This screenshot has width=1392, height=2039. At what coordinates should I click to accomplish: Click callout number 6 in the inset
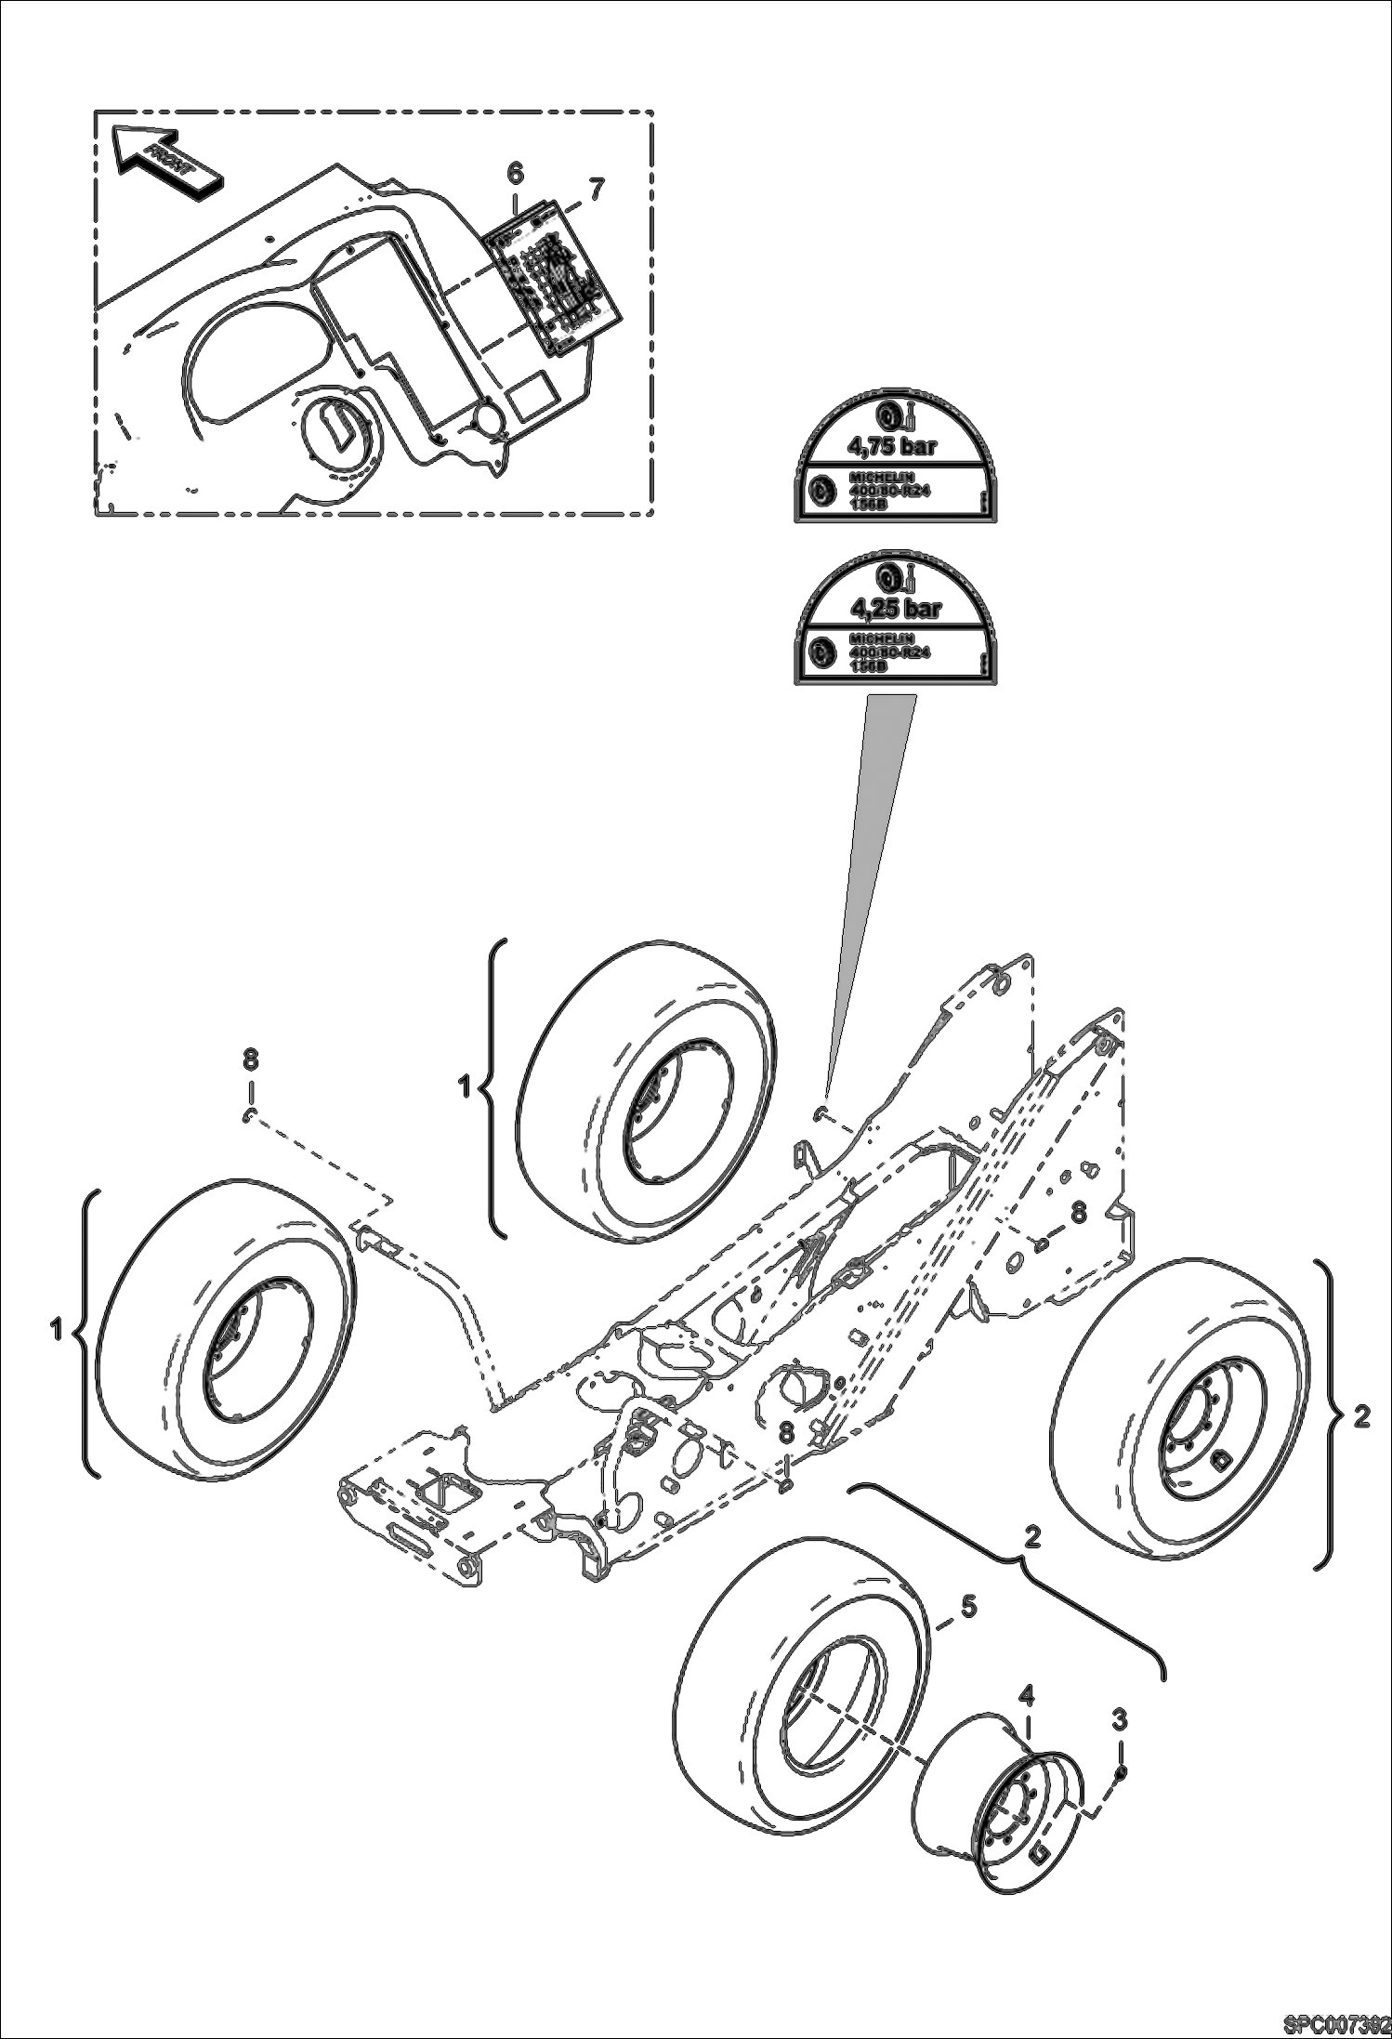[515, 173]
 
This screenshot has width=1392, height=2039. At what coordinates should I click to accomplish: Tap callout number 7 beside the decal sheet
[596, 190]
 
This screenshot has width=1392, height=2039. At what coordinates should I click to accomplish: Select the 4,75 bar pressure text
[893, 445]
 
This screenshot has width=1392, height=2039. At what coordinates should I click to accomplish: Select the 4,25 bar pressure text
[897, 609]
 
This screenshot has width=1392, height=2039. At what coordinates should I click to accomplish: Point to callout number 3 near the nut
[1120, 1719]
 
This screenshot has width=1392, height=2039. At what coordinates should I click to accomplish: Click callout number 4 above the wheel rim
[1026, 1696]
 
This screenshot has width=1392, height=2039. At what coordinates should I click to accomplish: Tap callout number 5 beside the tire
[968, 1606]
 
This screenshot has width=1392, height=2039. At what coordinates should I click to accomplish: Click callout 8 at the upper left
[250, 1059]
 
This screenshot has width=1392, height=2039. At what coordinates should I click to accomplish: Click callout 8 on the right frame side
[1078, 1211]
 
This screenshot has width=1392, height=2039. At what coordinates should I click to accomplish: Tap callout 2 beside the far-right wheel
[1361, 1416]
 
